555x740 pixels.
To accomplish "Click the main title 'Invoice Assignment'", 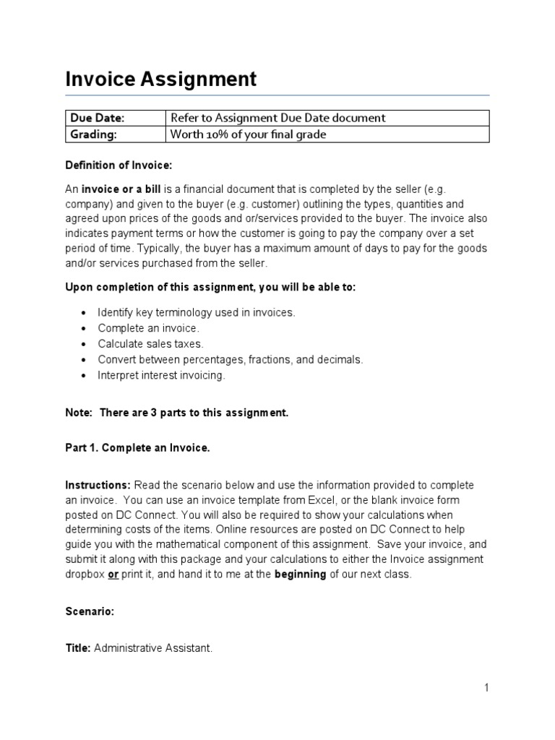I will pyautogui.click(x=160, y=79).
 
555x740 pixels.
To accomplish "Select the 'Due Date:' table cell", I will pyautogui.click(x=95, y=118).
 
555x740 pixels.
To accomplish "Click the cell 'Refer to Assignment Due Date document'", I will pyautogui.click(x=277, y=118).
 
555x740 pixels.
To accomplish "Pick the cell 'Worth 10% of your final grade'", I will pyautogui.click(x=248, y=134).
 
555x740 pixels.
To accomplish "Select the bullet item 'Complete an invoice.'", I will pyautogui.click(x=148, y=328).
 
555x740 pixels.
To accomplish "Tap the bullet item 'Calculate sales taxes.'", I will pyautogui.click(x=150, y=344).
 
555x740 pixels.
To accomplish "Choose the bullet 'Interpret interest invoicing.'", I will pyautogui.click(x=161, y=375).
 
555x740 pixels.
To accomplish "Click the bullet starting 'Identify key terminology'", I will pyautogui.click(x=197, y=312).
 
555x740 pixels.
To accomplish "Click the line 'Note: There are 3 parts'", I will pyautogui.click(x=177, y=413).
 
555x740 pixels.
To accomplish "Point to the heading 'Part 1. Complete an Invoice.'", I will pyautogui.click(x=137, y=448).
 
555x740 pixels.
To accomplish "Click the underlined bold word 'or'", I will pyautogui.click(x=113, y=575).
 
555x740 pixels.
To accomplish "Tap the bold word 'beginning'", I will pyautogui.click(x=301, y=575).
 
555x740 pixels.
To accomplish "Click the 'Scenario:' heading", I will pyautogui.click(x=90, y=611).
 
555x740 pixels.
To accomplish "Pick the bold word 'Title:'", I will pyautogui.click(x=77, y=648).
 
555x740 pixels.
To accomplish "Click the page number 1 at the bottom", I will pyautogui.click(x=487, y=687).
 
